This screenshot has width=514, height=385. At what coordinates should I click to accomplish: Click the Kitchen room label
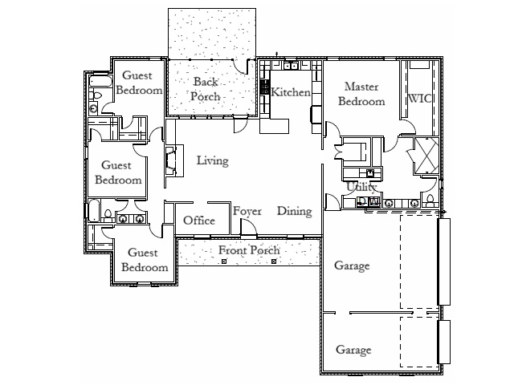[291, 93]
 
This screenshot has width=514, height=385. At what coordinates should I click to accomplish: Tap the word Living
[212, 160]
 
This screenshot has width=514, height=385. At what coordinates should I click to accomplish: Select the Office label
[199, 221]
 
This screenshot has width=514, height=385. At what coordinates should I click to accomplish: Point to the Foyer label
[247, 212]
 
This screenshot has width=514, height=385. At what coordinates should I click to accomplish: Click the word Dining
[295, 211]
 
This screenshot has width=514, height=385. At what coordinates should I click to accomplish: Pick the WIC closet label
[419, 98]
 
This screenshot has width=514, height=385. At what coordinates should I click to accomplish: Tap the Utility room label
[361, 187]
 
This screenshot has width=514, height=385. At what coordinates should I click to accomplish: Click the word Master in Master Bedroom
[361, 87]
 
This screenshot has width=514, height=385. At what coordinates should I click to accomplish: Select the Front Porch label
[249, 250]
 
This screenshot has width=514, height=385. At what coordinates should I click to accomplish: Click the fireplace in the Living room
[171, 160]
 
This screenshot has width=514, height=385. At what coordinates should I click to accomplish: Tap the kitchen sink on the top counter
[290, 66]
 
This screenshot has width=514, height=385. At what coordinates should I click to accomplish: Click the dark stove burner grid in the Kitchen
[264, 87]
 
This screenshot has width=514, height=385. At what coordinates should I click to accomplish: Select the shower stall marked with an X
[426, 156]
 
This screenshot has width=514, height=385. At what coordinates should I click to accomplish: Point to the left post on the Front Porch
[224, 261]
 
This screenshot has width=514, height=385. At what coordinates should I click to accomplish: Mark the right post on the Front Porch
[274, 261]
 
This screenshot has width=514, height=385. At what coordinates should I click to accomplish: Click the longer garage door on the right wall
[444, 262]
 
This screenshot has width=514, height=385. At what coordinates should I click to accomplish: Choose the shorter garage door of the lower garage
[444, 342]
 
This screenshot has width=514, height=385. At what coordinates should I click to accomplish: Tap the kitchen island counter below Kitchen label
[275, 126]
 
